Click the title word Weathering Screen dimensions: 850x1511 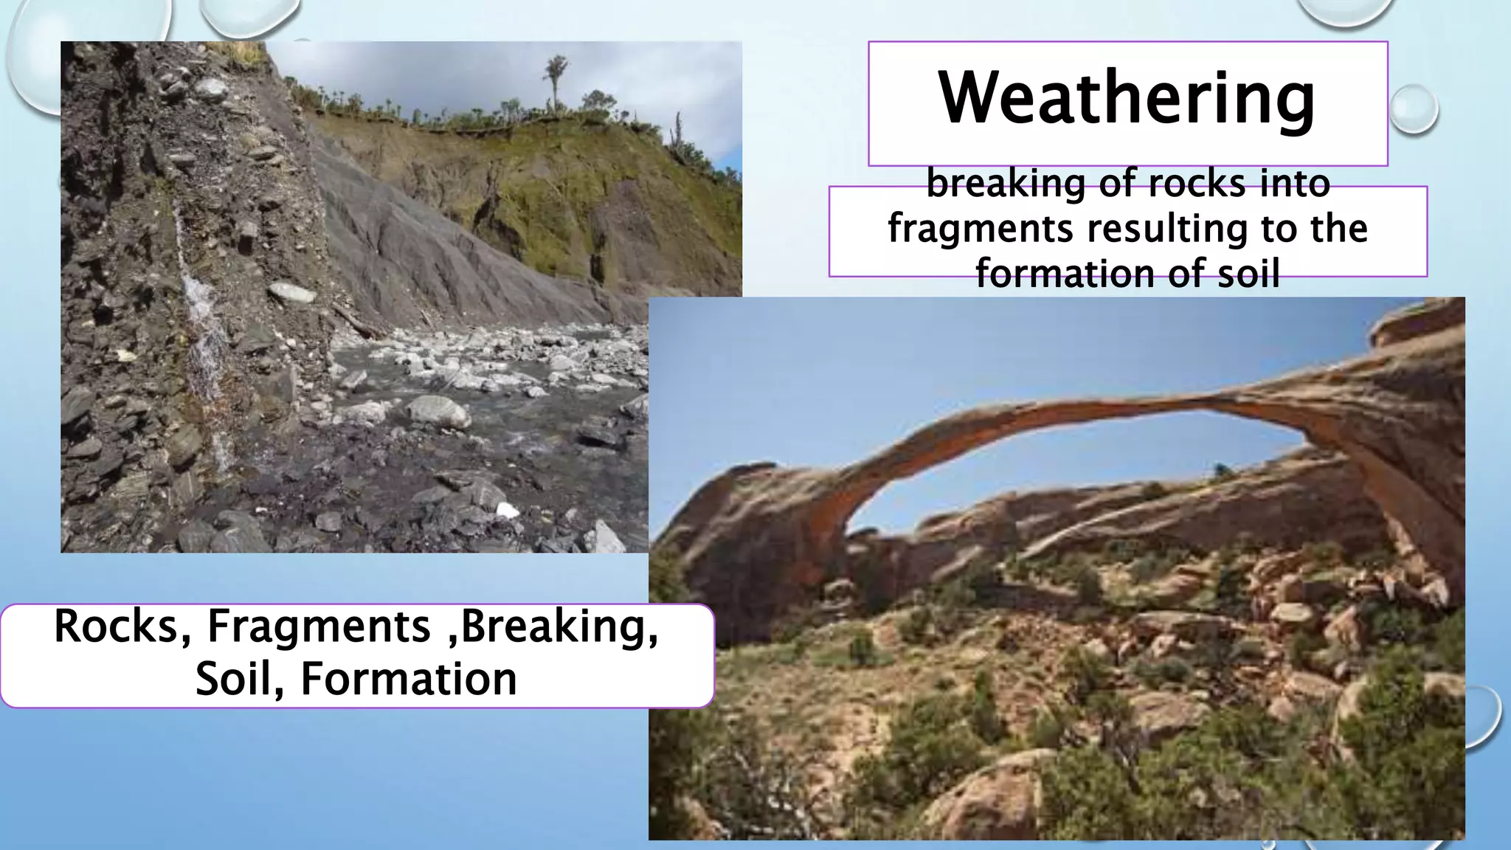(1127, 99)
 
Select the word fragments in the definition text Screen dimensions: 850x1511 (980, 229)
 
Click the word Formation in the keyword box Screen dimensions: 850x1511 (408, 679)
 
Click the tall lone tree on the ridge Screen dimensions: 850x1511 (555, 81)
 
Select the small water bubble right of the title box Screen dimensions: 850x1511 (1413, 108)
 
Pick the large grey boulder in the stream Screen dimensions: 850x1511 (438, 412)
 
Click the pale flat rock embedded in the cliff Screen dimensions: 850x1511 (291, 293)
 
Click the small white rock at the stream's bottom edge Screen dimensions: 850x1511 (507, 510)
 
